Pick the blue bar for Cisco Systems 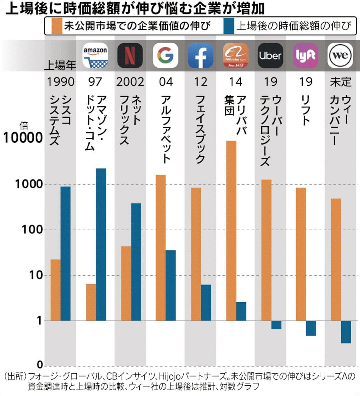pyautogui.click(x=66, y=253)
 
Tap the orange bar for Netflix pyautogui.click(x=126, y=283)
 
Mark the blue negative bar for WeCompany pyautogui.click(x=346, y=332)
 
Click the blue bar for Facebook pyautogui.click(x=206, y=302)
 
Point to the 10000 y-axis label pyautogui.click(x=22, y=138)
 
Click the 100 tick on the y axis pyautogui.click(x=30, y=230)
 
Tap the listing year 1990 pyautogui.click(x=60, y=82)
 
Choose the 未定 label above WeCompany pyautogui.click(x=340, y=82)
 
